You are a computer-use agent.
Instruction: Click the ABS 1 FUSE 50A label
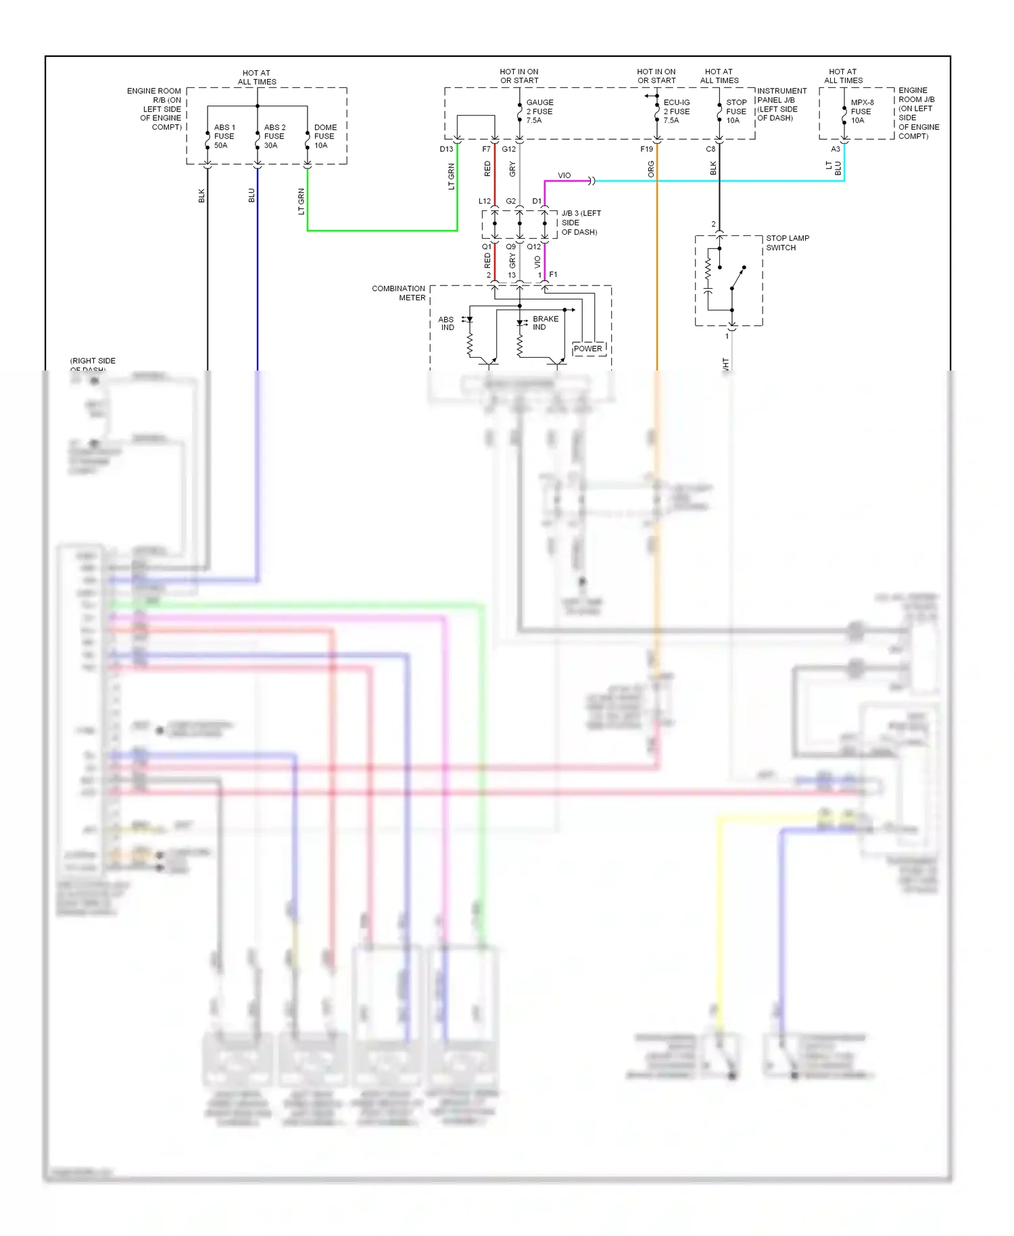[x=224, y=137]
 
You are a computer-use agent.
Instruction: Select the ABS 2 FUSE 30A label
[x=274, y=137]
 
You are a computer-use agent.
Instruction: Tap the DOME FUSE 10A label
[x=324, y=137]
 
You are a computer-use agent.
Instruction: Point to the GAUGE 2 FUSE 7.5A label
[x=539, y=112]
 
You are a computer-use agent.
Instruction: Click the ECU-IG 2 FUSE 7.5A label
[x=676, y=112]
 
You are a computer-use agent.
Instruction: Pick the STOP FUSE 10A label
[x=735, y=112]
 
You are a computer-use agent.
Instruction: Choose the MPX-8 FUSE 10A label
[x=861, y=112]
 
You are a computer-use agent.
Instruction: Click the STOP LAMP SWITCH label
[x=787, y=243]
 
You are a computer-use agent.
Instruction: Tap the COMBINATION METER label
[x=399, y=293]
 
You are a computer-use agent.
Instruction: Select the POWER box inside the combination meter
[x=588, y=349]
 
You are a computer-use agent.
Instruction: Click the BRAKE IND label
[x=545, y=323]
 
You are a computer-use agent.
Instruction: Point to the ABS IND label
[x=446, y=323]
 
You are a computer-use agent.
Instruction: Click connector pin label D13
[x=446, y=149]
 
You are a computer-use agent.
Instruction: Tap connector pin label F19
[x=646, y=149]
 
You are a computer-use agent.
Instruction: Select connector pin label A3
[x=836, y=149]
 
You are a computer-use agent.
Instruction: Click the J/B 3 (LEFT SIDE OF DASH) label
[x=580, y=222]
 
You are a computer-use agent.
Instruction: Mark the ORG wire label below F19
[x=651, y=169]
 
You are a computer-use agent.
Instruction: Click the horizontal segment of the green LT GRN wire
[x=382, y=231]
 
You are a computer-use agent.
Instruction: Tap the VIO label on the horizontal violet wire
[x=564, y=176]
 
